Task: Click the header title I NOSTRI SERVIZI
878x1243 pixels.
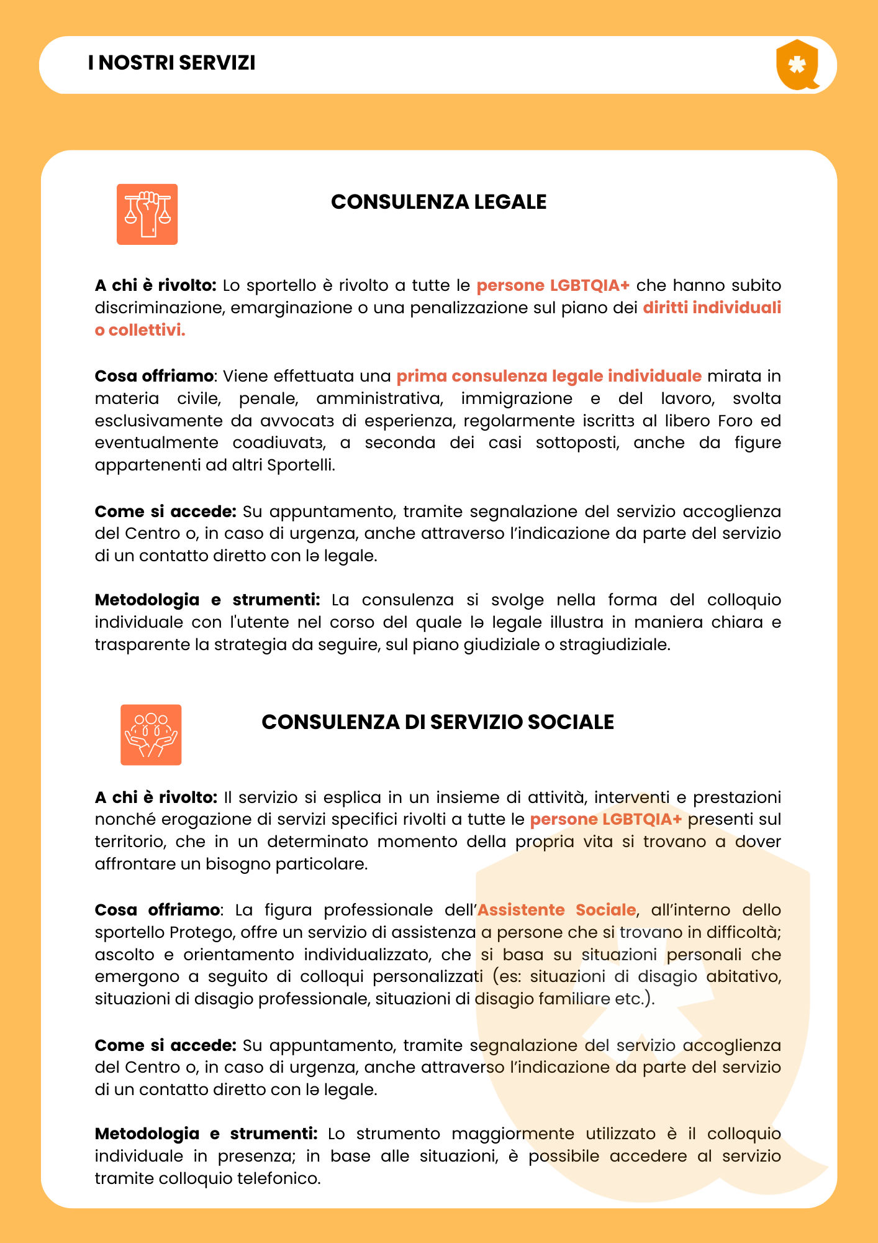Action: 171,63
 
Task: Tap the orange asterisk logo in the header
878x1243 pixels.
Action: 797,65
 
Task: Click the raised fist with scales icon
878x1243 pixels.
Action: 147,214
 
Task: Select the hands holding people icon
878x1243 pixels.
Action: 151,735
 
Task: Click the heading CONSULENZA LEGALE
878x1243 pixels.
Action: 438,202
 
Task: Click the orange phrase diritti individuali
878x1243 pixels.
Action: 712,308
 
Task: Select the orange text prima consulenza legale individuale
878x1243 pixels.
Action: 549,376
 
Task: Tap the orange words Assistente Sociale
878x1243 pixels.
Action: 556,910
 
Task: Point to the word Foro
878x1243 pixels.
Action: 735,421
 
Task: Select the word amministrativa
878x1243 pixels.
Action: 379,398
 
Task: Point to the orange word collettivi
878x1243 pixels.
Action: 147,330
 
